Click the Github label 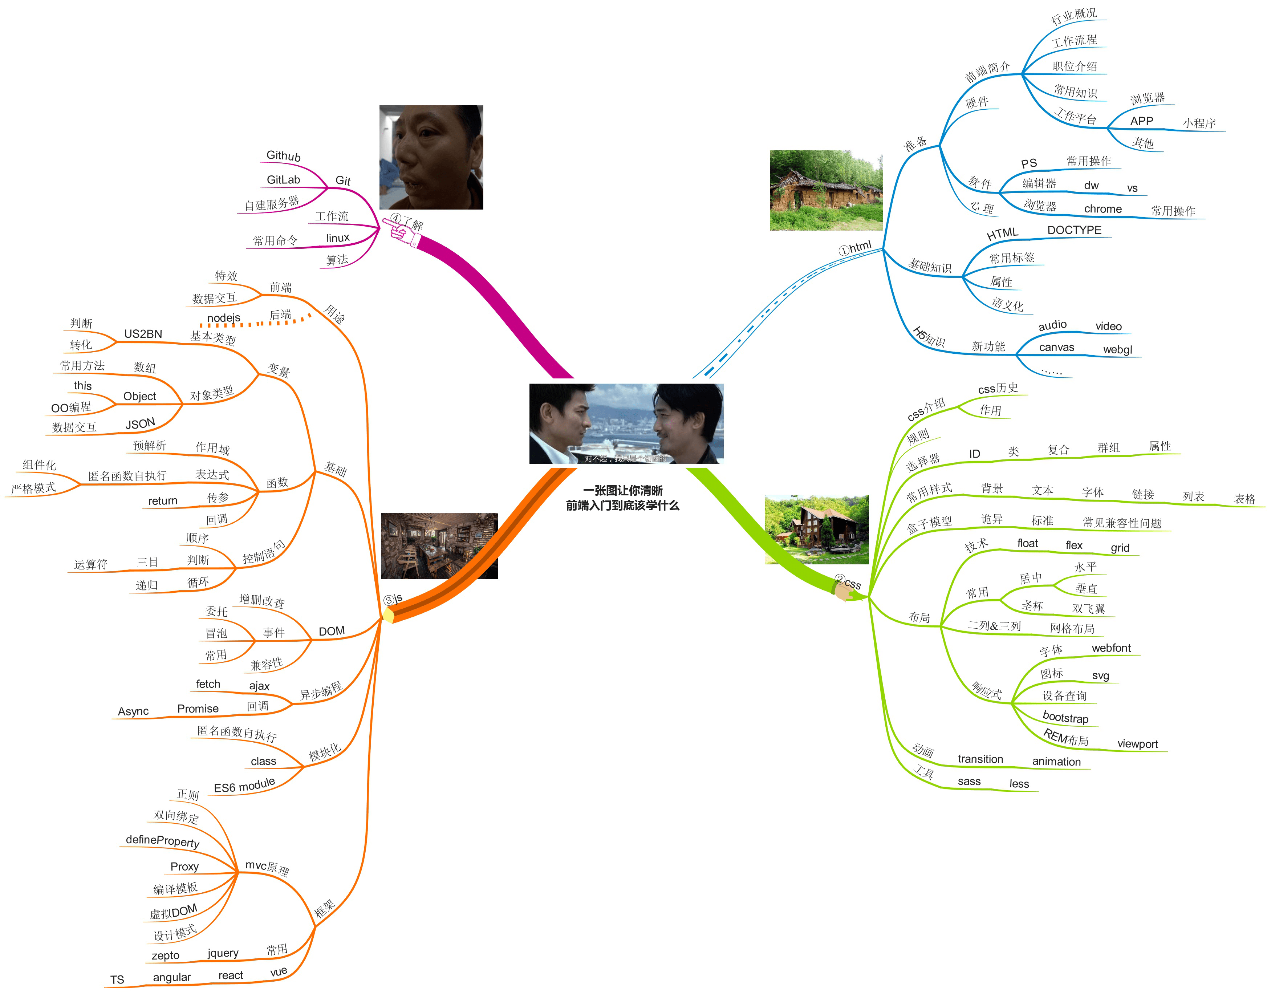point(283,155)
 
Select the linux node point(337,238)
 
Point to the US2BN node point(143,334)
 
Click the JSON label point(140,424)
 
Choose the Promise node point(198,708)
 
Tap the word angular point(172,977)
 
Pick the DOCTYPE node point(1074,230)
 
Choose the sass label point(969,782)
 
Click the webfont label point(1110,648)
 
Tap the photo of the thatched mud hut point(826,190)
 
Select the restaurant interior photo point(439,546)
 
